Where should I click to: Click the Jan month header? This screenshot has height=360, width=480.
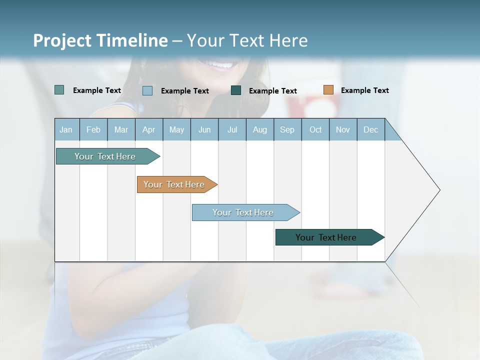66,129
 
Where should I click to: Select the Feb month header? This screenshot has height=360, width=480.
93,129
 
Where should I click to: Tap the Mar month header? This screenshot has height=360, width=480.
121,129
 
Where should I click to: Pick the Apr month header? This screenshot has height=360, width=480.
149,129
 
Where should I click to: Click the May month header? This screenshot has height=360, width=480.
176,129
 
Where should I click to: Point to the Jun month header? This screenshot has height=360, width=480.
204,129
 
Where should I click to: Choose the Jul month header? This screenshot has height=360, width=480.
232,129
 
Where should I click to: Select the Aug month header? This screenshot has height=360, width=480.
260,129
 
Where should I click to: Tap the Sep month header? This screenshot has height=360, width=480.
287,129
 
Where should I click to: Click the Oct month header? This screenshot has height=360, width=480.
315,129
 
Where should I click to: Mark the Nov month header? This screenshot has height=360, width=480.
343,129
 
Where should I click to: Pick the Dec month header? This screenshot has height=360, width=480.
371,129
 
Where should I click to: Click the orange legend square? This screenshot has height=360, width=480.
328,90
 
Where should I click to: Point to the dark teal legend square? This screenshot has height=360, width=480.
236,90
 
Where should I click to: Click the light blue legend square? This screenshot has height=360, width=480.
147,90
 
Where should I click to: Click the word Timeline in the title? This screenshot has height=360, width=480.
131,40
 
